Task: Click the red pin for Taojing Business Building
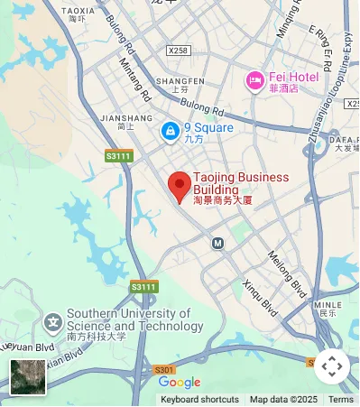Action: [180, 187]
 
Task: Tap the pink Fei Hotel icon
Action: [255, 82]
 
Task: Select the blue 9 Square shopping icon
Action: [169, 132]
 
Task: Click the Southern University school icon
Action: [53, 321]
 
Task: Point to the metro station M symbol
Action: [217, 243]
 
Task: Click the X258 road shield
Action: [179, 51]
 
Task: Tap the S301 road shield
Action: [163, 370]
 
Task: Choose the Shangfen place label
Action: [174, 81]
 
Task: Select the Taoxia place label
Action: [78, 12]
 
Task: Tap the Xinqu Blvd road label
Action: [260, 296]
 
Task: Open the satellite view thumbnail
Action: [28, 377]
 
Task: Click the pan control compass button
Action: [331, 365]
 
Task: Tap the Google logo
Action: [180, 383]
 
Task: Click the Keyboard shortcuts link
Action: [199, 400]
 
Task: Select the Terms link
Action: [341, 400]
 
